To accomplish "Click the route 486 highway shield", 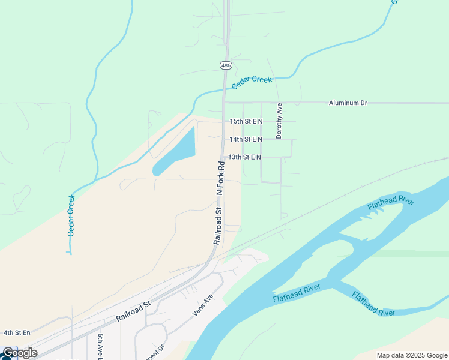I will (225, 64).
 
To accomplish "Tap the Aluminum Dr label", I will (348, 103).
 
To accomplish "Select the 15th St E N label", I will (246, 121).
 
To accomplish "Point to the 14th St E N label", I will (246, 139).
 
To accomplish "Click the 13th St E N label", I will (244, 157).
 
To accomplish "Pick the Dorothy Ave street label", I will (279, 121).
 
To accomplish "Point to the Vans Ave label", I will (203, 305).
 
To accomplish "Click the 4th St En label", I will (17, 332).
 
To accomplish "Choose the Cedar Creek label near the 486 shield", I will (252, 83).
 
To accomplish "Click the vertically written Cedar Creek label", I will (71, 215).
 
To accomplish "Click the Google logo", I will (19, 353).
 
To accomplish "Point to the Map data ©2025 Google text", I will (411, 355).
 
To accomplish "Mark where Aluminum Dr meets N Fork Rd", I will (224, 103).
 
